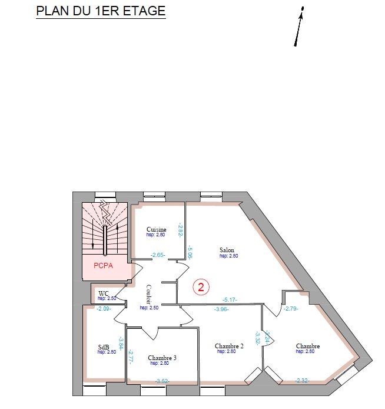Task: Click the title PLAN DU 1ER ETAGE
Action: tap(101, 11)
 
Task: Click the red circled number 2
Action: tap(201, 287)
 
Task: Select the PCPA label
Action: tap(104, 266)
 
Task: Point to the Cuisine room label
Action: tap(157, 229)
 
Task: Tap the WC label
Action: tap(104, 293)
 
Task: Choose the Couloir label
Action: tap(148, 294)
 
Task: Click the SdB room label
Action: tap(103, 347)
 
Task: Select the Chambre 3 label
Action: tap(162, 358)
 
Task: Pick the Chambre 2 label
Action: tap(230, 346)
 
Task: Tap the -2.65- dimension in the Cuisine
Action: tap(158, 255)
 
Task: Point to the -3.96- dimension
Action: tap(221, 309)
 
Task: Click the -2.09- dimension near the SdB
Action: tap(104, 308)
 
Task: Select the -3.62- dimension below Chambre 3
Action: tap(162, 381)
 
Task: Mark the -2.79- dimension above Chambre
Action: tap(291, 308)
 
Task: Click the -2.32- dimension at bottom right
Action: tap(303, 381)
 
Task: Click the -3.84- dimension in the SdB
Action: tap(121, 342)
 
